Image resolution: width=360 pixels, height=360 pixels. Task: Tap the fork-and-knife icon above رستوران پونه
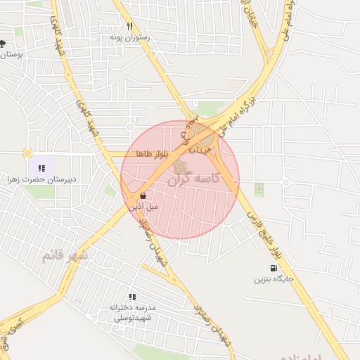tap(129, 26)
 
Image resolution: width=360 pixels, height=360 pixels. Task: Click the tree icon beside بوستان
tap(3, 44)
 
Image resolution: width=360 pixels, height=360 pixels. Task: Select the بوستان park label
tap(11, 54)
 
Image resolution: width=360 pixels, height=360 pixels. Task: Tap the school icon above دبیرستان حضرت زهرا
tap(41, 168)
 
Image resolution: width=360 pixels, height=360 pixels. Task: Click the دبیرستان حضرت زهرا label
tap(32, 181)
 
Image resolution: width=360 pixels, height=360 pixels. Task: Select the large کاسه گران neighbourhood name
tap(193, 179)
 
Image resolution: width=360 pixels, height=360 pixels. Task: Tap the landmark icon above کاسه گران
tap(181, 167)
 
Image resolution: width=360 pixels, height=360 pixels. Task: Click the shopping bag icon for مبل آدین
tap(143, 196)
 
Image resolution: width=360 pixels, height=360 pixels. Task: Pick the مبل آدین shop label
tap(143, 207)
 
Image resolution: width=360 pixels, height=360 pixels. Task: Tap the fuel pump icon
tap(273, 267)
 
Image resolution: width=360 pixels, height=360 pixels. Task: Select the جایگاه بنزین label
tap(274, 279)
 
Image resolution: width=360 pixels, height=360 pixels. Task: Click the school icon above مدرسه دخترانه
tap(132, 297)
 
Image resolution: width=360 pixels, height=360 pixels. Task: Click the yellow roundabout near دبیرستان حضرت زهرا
tap(27, 153)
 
